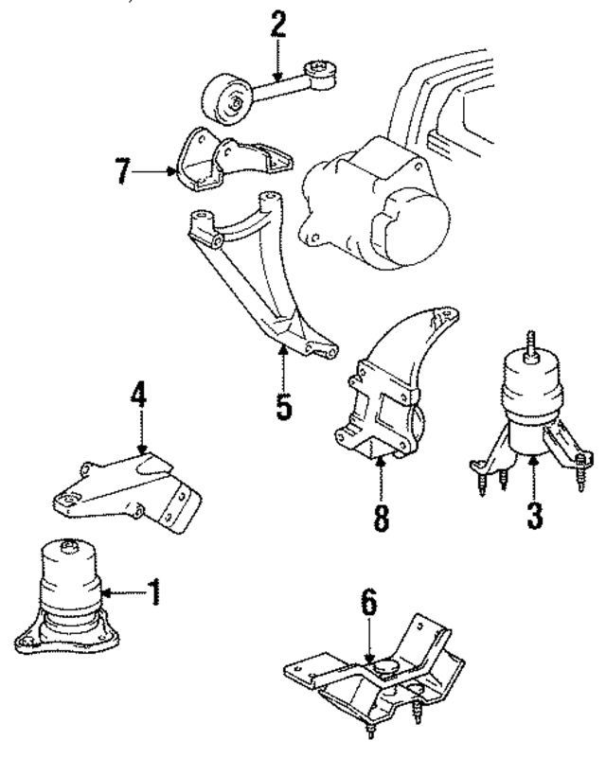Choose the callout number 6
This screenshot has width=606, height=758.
coord(369,601)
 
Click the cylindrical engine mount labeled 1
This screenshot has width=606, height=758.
coord(68,596)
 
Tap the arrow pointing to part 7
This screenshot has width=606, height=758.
coord(151,173)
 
